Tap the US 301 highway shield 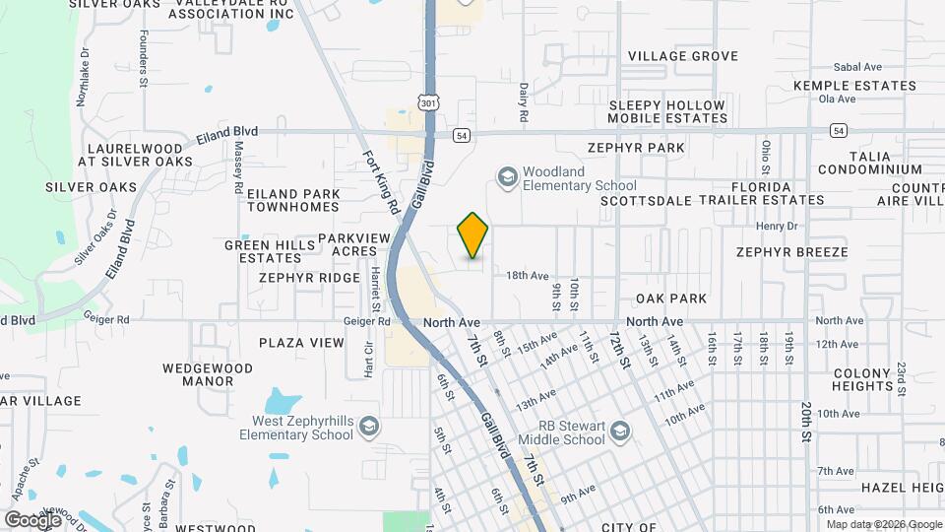click(x=426, y=102)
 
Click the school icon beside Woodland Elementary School click(x=508, y=177)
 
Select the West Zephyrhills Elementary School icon click(x=369, y=426)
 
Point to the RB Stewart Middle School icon click(x=620, y=432)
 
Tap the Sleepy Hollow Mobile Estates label click(x=667, y=111)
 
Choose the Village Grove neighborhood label click(x=683, y=56)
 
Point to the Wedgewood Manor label click(x=208, y=374)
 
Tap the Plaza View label click(x=301, y=343)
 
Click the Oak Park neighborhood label click(x=671, y=299)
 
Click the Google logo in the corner click(x=32, y=519)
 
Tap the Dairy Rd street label click(x=524, y=97)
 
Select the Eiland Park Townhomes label click(x=293, y=200)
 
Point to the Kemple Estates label click(x=854, y=86)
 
